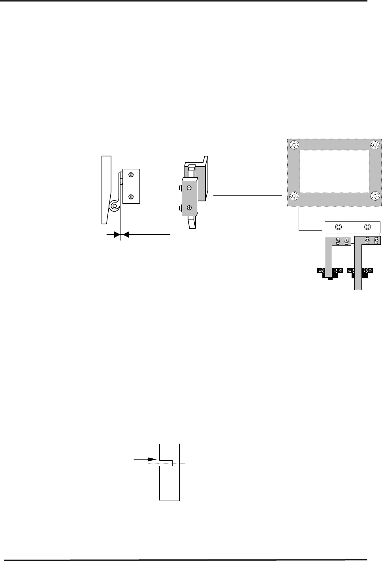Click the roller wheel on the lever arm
115,205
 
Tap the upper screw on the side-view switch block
131,175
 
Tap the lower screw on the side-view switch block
131,197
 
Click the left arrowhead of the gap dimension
117,235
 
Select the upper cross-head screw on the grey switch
189,188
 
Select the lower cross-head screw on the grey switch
189,207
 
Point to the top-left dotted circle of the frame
294,145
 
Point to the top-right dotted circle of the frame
375,145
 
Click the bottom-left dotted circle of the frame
294,196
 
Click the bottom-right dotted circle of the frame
375,196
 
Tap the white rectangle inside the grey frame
335,170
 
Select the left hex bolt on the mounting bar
339,227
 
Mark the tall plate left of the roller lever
105,190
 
